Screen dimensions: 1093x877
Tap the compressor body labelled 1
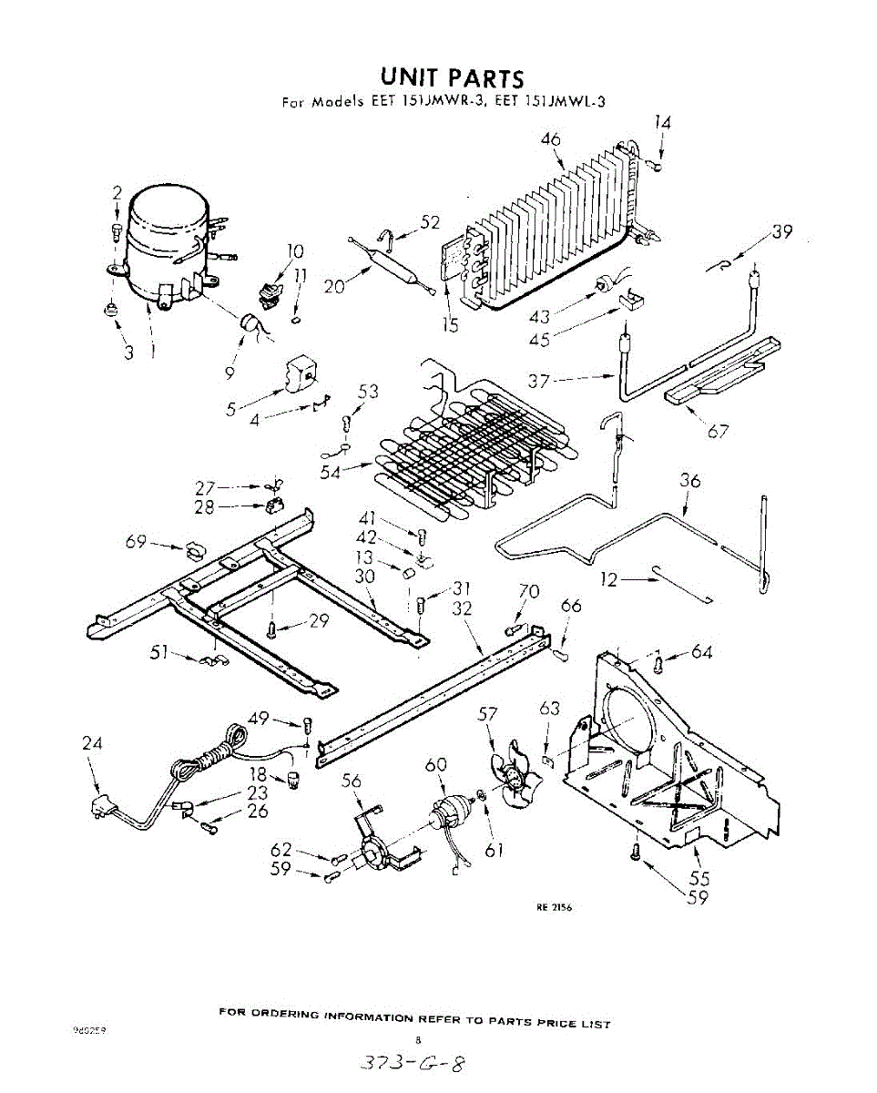tap(164, 241)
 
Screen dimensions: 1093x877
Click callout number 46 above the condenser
tap(550, 139)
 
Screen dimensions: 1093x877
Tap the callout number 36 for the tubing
tap(690, 481)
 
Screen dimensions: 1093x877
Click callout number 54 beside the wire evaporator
tap(331, 471)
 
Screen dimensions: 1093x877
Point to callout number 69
tap(136, 543)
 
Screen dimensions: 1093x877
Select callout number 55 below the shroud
tap(699, 879)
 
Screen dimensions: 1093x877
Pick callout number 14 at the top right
tap(662, 123)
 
